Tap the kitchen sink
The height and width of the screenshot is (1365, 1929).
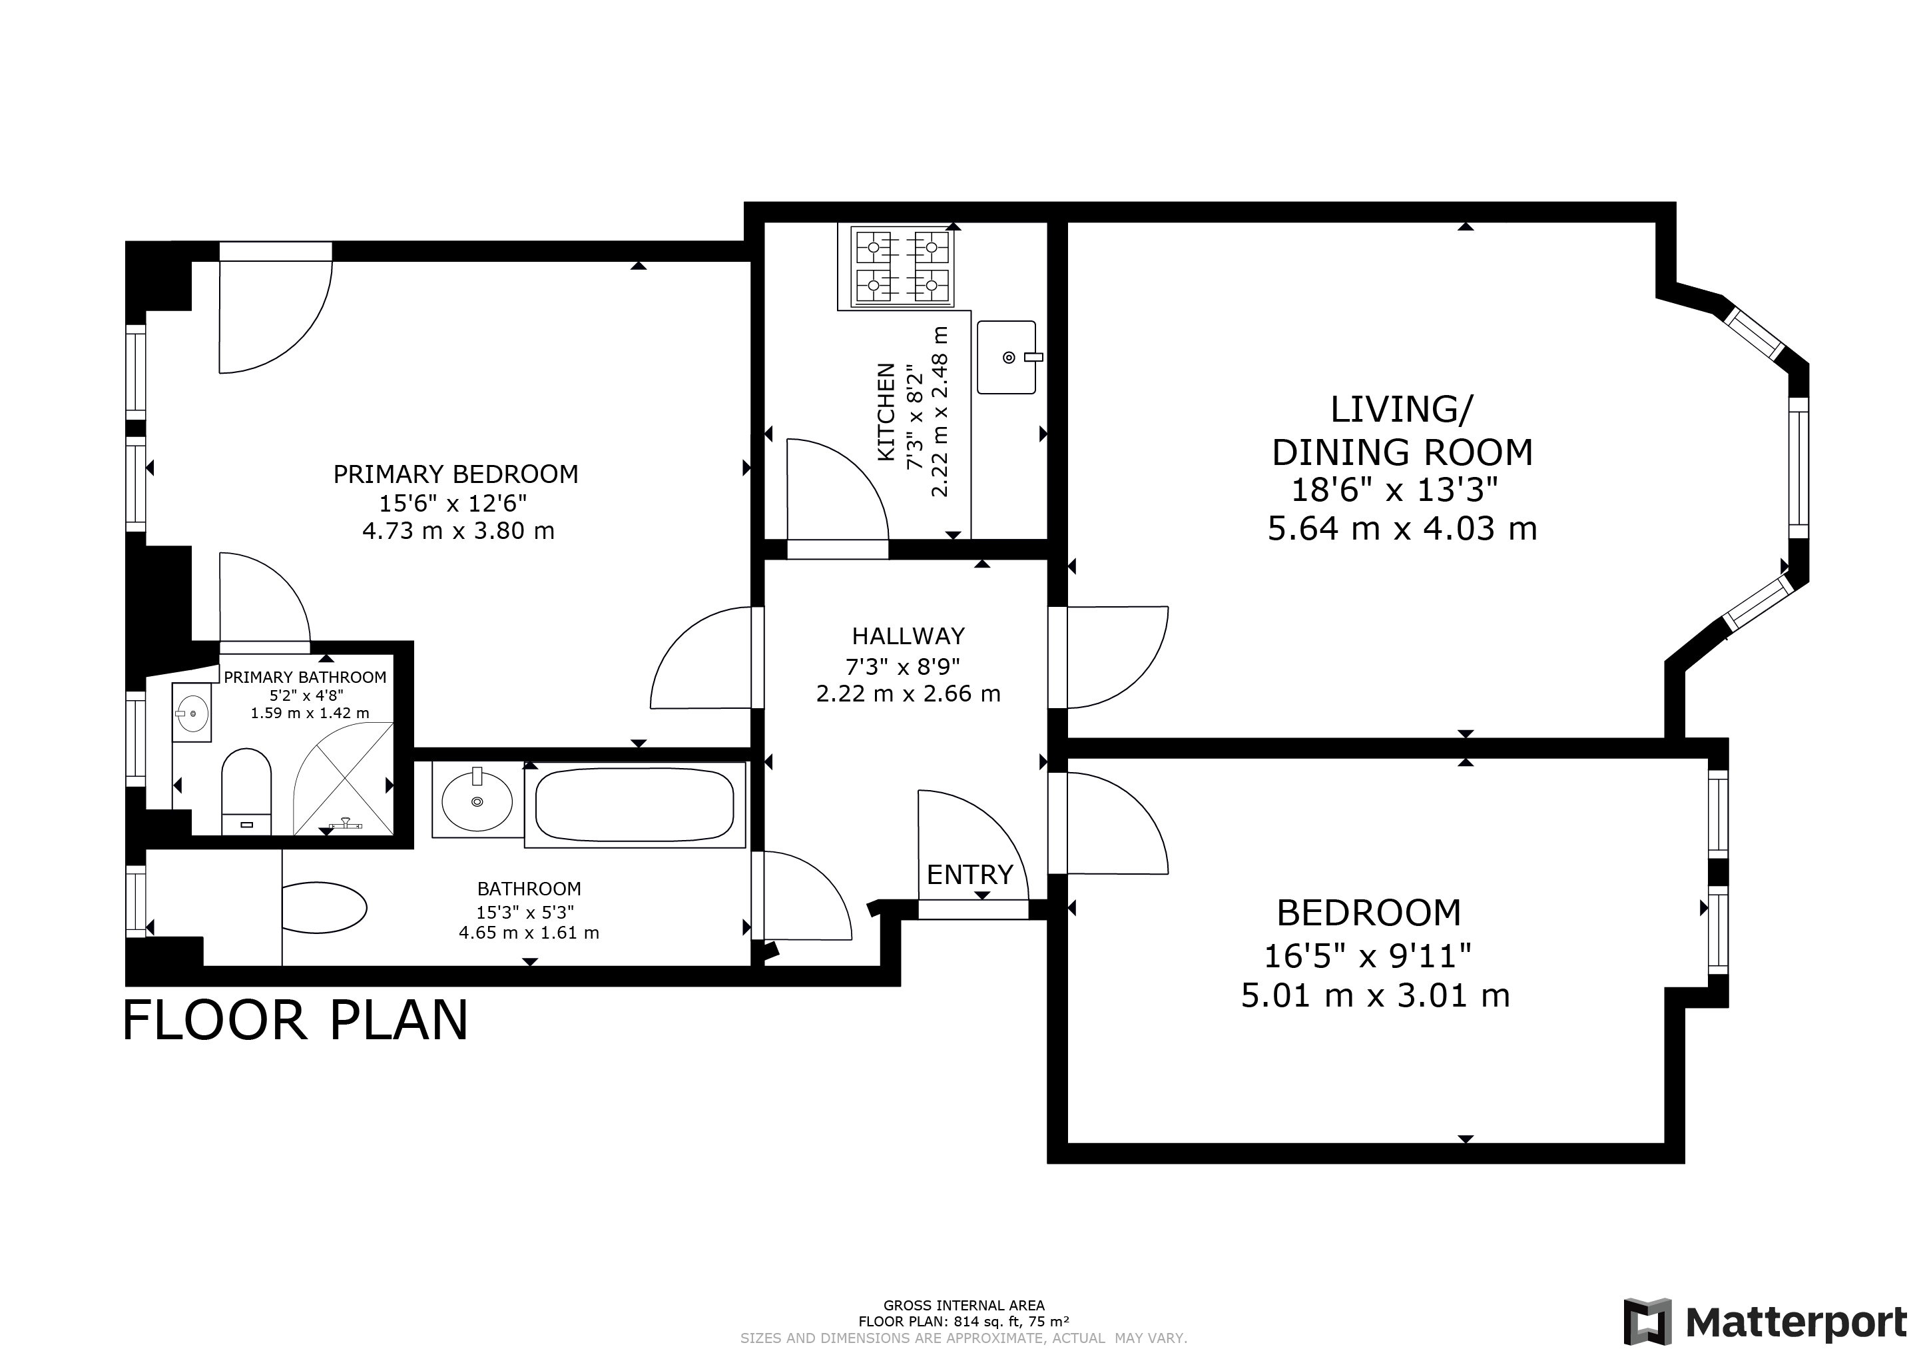click(x=1007, y=357)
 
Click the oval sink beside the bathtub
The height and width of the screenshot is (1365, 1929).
click(x=477, y=801)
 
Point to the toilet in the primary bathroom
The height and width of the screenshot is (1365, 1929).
click(x=246, y=792)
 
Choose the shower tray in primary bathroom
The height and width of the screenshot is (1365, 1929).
click(x=343, y=780)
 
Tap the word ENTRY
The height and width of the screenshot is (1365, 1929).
click(x=969, y=875)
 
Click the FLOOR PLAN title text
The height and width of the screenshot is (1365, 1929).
click(x=296, y=1021)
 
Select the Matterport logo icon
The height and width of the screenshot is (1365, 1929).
click(x=1647, y=1322)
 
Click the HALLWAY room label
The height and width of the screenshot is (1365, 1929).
click(x=908, y=636)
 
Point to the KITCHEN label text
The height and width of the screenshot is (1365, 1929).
click(x=886, y=412)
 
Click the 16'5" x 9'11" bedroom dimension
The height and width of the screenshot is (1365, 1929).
click(x=1368, y=956)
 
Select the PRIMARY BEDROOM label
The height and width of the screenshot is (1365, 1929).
click(x=456, y=474)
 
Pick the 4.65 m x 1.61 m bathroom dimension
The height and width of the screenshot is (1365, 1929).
click(x=529, y=932)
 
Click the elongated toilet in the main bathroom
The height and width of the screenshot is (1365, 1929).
click(x=324, y=907)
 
